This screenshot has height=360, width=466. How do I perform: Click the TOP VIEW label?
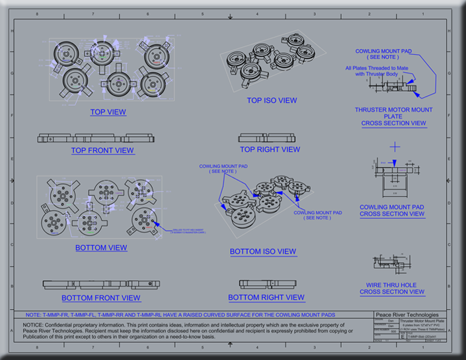108,112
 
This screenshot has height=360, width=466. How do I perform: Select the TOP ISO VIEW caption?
272,100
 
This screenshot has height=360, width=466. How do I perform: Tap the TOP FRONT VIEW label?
102,151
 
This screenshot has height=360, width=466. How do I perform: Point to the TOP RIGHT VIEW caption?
270,149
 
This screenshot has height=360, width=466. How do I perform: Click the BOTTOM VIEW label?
101,248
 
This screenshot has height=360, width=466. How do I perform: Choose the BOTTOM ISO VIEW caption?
263,252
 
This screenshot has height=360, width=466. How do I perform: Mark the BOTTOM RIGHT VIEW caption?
266,297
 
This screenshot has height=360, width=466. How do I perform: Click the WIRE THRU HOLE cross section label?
392,288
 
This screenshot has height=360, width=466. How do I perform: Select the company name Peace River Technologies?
407,315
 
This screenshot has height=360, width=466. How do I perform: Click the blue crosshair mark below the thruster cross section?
395,145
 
